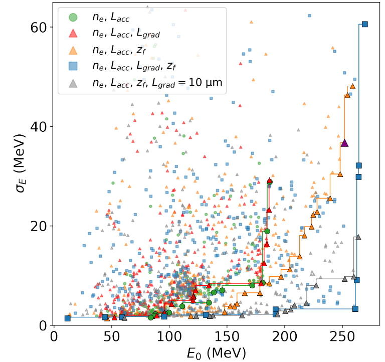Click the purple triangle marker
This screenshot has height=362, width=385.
[344, 143]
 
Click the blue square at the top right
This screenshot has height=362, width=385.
[365, 24]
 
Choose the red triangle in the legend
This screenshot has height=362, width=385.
[73, 34]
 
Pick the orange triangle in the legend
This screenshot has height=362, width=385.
[73, 49]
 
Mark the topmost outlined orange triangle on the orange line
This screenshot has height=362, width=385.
[352, 86]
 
